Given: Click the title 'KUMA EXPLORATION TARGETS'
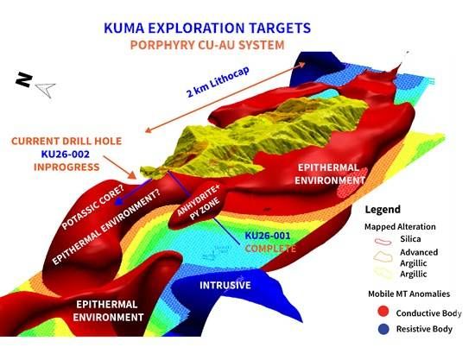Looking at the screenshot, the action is (207, 28).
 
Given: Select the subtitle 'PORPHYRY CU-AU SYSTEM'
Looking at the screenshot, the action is (207, 45).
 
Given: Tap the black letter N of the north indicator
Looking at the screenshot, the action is (24, 79).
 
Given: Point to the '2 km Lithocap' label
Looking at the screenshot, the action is (218, 82).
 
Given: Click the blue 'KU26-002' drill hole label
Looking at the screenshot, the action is (66, 155).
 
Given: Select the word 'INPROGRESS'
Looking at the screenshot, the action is (66, 167).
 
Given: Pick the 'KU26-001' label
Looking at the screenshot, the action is (268, 236).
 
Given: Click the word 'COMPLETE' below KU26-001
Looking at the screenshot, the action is (270, 249).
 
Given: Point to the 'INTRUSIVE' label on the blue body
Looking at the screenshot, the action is (225, 285).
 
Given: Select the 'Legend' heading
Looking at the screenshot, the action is (383, 209).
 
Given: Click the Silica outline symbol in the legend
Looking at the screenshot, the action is (383, 241).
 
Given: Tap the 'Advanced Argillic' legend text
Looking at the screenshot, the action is (419, 257).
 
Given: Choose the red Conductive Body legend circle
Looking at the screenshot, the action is (383, 312).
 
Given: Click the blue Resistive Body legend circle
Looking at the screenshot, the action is (383, 329).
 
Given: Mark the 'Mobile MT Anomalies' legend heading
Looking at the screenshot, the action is (409, 294).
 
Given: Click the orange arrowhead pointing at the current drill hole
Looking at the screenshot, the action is (132, 174).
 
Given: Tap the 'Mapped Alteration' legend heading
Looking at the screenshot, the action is (400, 226).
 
